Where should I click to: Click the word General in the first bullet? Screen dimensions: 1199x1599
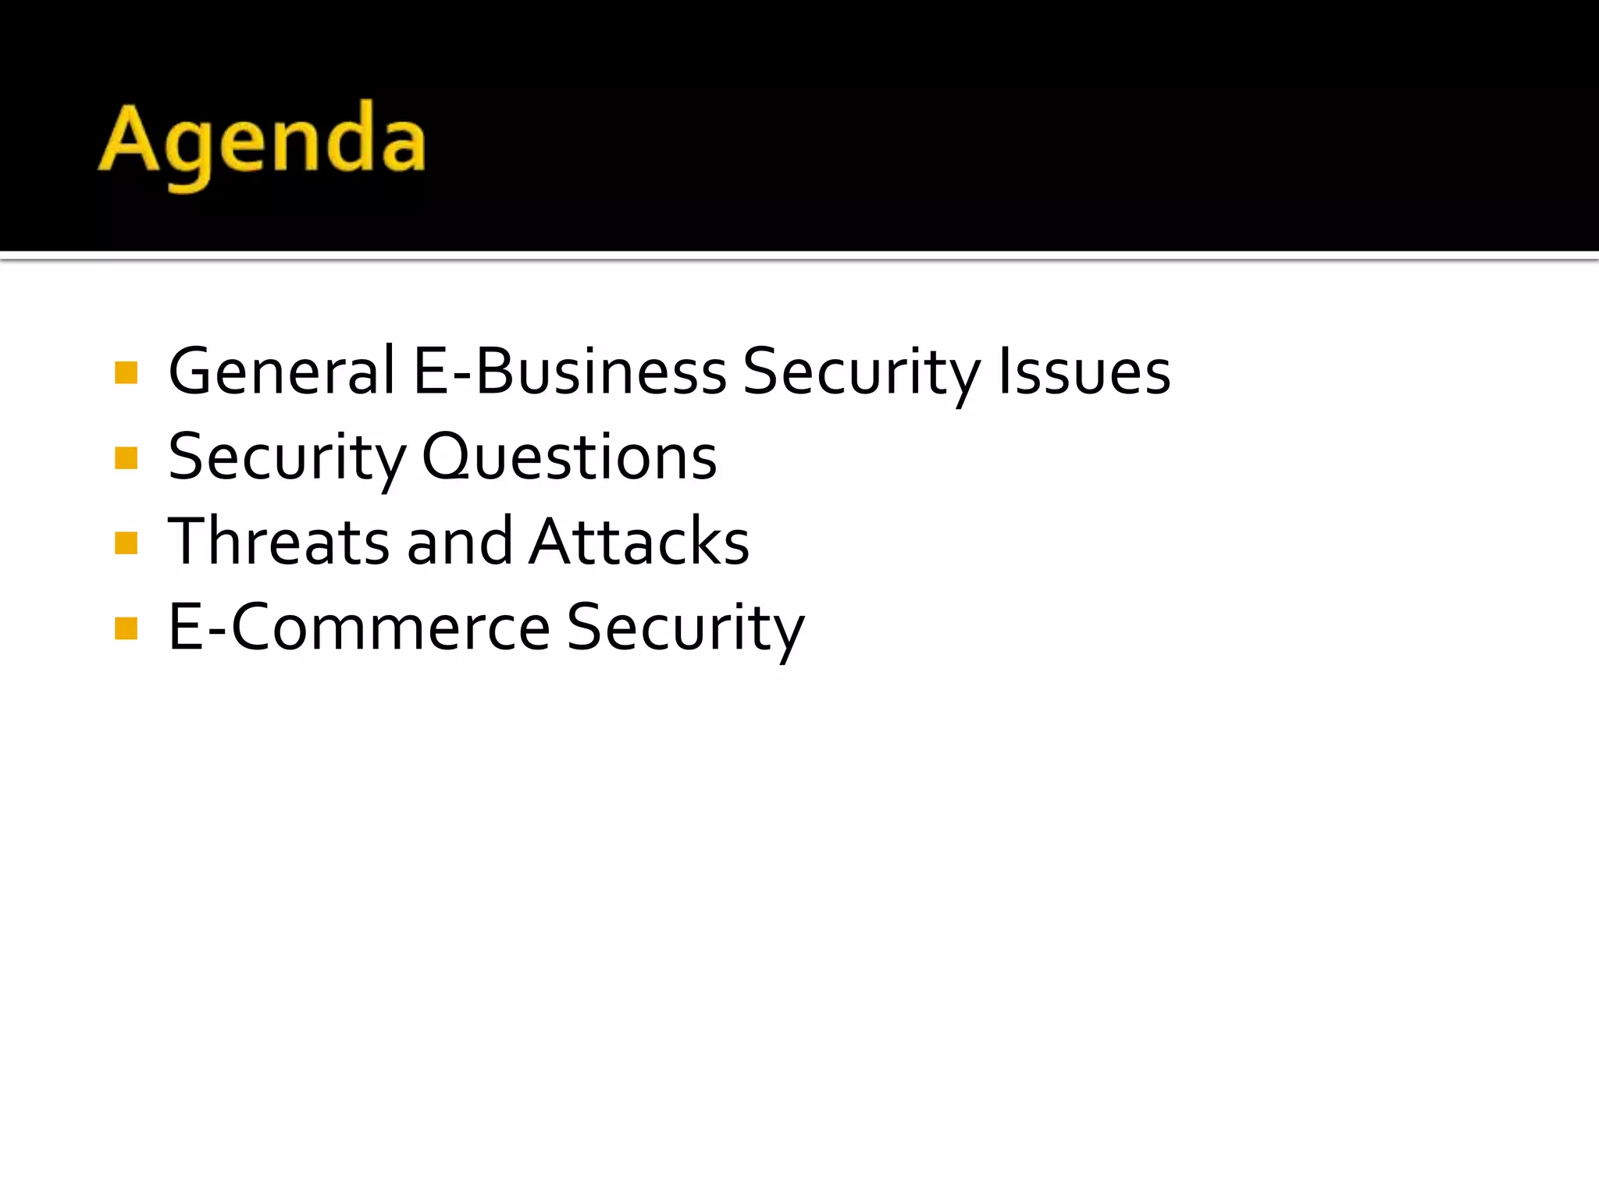282,371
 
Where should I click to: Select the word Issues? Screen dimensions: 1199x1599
1084,371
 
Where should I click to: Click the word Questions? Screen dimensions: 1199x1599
569,457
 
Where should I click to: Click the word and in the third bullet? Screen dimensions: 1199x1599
460,542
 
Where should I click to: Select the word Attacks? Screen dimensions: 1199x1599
639,542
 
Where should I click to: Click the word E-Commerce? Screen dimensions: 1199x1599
360,627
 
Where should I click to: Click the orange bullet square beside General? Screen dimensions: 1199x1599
126,373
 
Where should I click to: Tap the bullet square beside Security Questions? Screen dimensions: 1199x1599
126,458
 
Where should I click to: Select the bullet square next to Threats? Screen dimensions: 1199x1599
126,543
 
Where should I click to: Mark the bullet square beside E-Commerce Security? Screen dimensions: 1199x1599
126,628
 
